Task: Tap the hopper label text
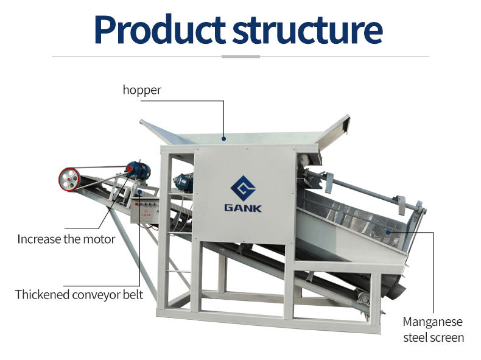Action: (x=142, y=90)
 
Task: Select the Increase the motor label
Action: (x=66, y=239)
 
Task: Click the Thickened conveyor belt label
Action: (x=79, y=295)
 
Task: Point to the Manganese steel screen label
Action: (x=433, y=330)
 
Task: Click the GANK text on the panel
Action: (x=242, y=208)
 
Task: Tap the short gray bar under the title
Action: (x=240, y=57)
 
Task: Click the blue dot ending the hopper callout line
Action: (x=224, y=139)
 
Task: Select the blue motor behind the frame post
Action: (x=183, y=180)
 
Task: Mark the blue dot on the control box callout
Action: (x=140, y=193)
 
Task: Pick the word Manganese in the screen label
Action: (x=433, y=322)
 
